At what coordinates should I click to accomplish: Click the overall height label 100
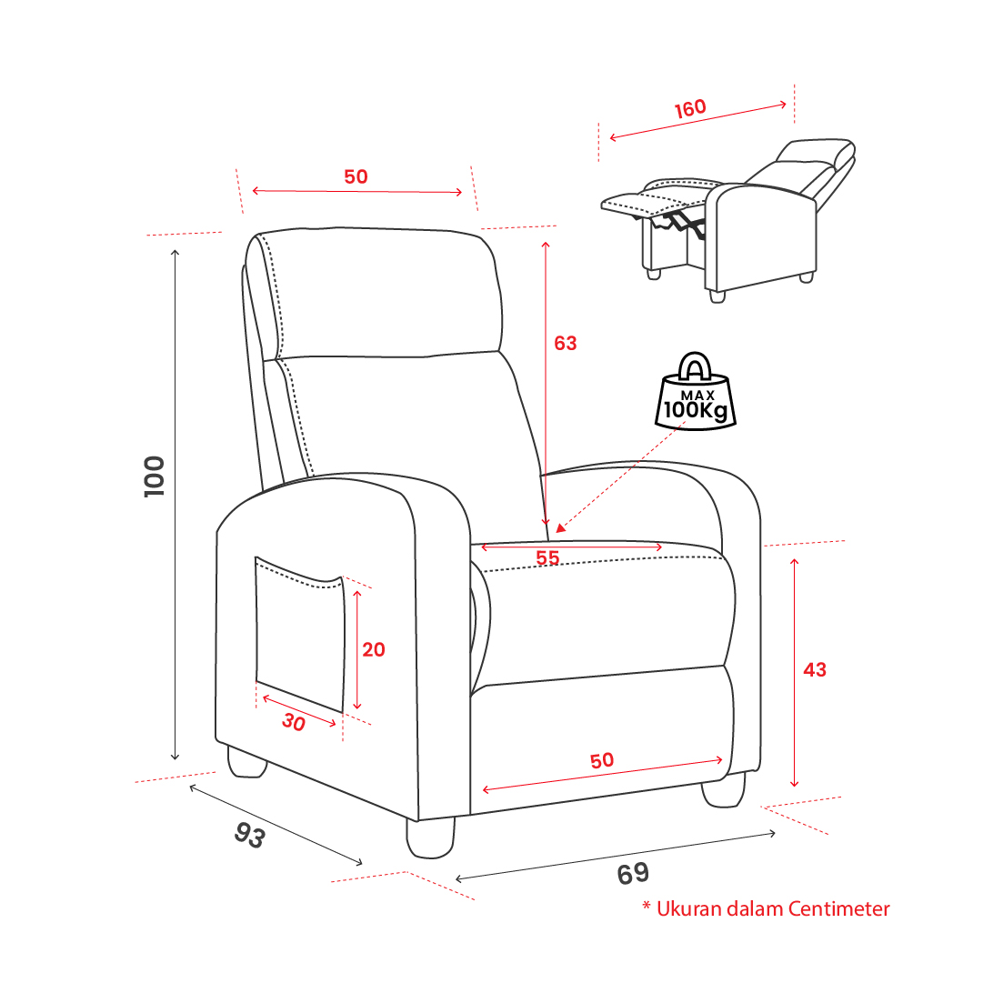coord(155,476)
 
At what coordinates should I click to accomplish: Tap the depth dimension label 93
coord(250,835)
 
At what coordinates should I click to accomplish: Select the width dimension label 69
coord(633,874)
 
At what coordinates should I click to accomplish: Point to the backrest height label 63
coord(565,343)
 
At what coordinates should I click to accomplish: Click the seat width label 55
coord(547,557)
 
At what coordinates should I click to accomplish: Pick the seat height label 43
coord(815,669)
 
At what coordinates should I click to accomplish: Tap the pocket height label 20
coord(374,649)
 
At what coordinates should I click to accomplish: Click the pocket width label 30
coord(294,722)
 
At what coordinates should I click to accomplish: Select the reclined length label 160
coord(690,108)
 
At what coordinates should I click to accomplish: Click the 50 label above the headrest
coord(356,176)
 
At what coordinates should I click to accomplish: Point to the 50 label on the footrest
coord(602,760)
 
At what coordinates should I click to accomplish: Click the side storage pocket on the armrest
coord(300,633)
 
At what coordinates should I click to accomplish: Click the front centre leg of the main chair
coord(430,837)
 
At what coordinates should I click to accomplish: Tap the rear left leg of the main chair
coord(247,762)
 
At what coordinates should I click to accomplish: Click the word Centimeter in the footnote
coord(838,908)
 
